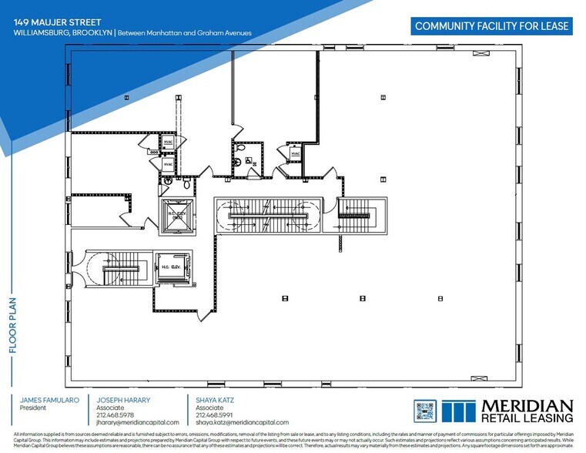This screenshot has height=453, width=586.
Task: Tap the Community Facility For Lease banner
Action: (x=492, y=26)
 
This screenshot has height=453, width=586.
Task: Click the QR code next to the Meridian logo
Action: (x=425, y=411)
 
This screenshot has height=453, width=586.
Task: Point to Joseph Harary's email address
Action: (x=138, y=422)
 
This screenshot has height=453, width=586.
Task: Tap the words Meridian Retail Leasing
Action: (x=527, y=411)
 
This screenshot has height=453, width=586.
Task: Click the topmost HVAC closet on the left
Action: (x=168, y=144)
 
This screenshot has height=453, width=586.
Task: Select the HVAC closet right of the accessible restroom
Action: (x=296, y=154)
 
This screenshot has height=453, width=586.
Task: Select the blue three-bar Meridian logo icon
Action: (x=459, y=411)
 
